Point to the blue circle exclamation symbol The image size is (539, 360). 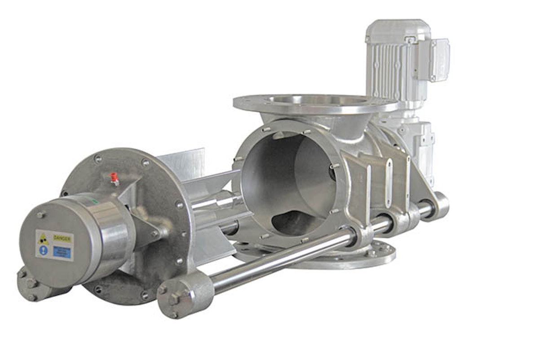coord(43,250)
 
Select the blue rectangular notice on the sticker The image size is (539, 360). coord(62,251)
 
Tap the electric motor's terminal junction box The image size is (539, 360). coord(439,53)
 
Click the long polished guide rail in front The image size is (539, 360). coord(278,256)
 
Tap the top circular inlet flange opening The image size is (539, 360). coord(314,101)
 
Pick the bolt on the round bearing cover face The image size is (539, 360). coord(40,215)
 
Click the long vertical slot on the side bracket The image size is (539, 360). coord(389,177)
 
